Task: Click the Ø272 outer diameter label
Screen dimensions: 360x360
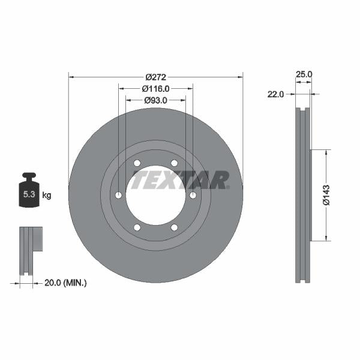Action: (x=155, y=77)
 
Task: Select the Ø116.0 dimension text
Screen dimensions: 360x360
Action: (x=155, y=88)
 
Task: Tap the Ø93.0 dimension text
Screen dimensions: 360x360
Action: (x=155, y=100)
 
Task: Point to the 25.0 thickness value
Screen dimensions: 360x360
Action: (x=305, y=74)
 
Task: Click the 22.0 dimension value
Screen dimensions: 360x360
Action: (x=275, y=94)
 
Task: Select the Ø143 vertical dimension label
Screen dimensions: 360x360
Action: (x=326, y=195)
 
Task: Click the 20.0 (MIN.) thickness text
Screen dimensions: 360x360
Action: (x=66, y=282)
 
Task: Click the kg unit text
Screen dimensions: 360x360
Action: (x=47, y=196)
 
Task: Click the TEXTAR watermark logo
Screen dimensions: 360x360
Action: (x=180, y=179)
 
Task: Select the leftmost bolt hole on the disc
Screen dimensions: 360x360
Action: (x=118, y=195)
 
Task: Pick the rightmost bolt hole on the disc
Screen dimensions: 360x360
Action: (x=193, y=195)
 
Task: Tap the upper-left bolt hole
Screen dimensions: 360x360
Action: (x=137, y=163)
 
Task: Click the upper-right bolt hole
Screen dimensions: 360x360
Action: (x=175, y=163)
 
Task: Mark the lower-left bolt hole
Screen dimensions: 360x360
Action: (x=137, y=227)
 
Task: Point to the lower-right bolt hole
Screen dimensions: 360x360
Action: (x=175, y=227)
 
